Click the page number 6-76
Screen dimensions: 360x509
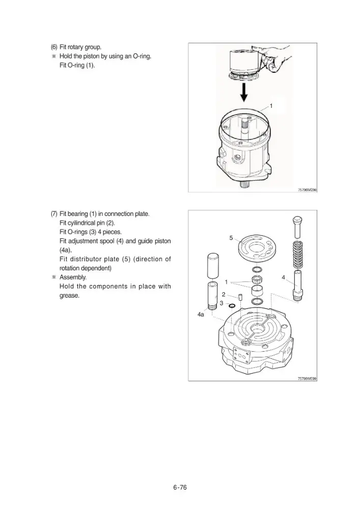(x=180, y=487)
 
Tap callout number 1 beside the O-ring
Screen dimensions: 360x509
(x=271, y=106)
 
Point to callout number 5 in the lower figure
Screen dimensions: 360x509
(x=231, y=238)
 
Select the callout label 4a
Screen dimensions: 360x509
(x=201, y=314)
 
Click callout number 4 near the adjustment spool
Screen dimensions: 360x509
(x=284, y=277)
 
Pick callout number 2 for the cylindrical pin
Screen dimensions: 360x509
(x=224, y=295)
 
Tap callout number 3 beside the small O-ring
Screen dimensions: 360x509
(x=221, y=303)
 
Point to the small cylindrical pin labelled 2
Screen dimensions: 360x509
(x=240, y=297)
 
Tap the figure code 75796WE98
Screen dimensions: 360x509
(x=307, y=190)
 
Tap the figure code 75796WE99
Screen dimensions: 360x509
(x=307, y=379)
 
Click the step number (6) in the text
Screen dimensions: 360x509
(x=54, y=47)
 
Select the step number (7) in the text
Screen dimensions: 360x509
(x=54, y=214)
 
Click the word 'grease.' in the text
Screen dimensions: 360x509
(x=69, y=296)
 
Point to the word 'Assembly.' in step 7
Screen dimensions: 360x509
(x=73, y=277)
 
